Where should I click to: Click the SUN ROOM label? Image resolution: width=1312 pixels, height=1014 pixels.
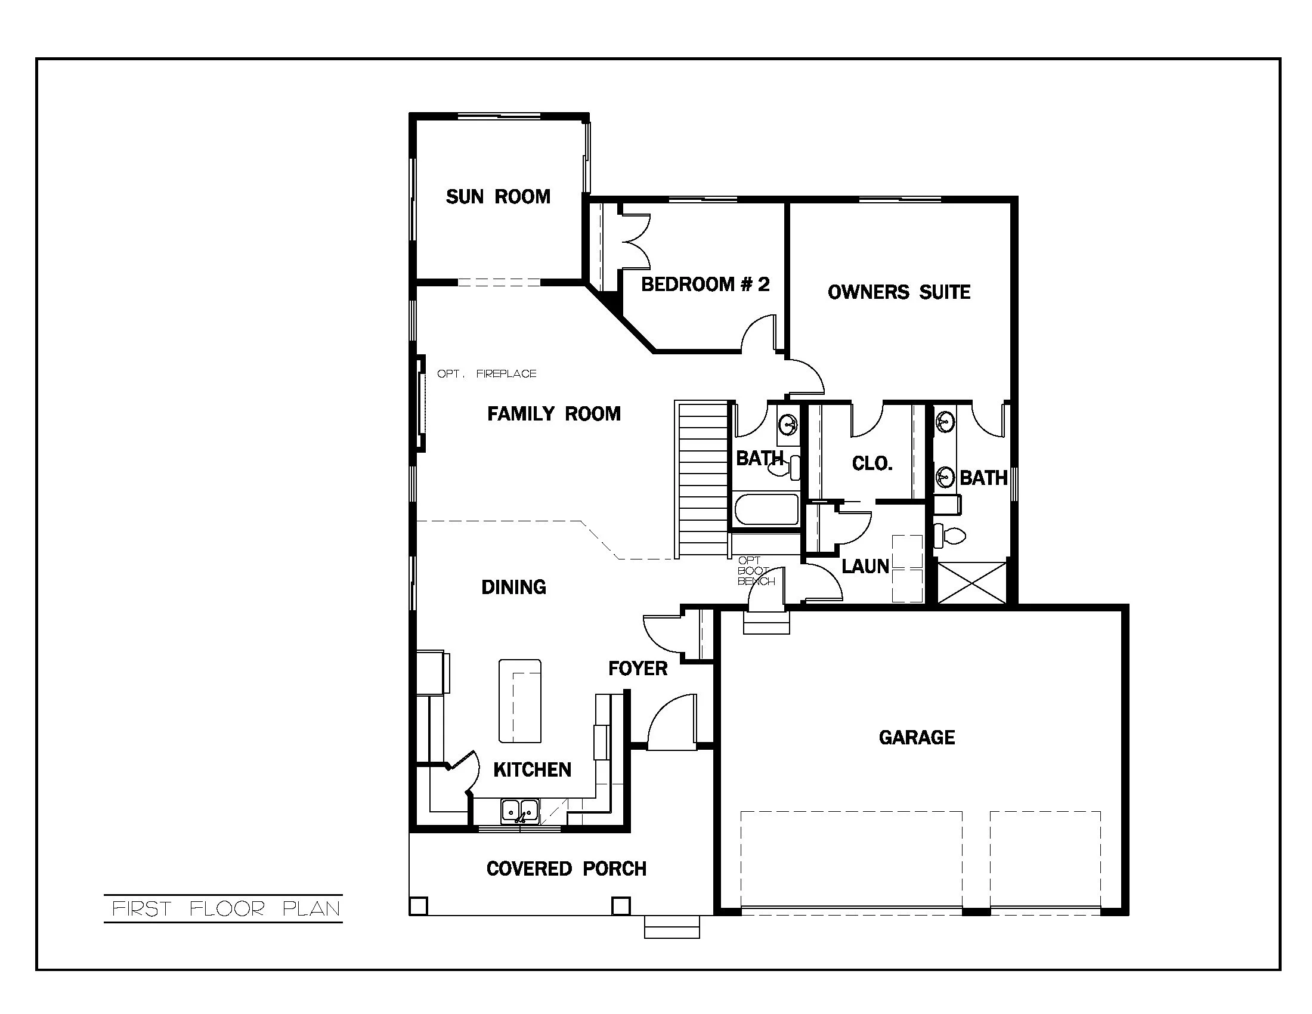(497, 196)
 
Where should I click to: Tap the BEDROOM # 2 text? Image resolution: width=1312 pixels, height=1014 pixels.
(705, 284)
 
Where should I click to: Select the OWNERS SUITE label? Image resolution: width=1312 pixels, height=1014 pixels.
(899, 292)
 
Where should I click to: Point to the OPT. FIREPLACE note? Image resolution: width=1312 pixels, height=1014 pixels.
(486, 373)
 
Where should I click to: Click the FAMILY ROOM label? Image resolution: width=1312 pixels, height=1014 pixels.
(553, 414)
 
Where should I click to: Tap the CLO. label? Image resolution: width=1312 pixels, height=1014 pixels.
(872, 463)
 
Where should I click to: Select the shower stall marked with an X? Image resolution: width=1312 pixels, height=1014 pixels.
(971, 582)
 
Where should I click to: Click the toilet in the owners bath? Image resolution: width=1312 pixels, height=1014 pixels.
(950, 534)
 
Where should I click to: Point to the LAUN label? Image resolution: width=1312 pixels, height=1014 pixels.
(865, 566)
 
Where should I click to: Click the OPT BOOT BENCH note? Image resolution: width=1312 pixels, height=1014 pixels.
(755, 571)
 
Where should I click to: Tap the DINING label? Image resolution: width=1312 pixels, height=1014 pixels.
(513, 587)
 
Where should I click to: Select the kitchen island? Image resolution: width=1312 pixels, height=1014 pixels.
(519, 701)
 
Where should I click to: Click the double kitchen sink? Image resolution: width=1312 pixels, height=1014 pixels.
(519, 811)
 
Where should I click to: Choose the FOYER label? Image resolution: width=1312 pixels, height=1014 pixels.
(638, 669)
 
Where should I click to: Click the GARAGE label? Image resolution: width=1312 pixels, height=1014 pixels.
(916, 738)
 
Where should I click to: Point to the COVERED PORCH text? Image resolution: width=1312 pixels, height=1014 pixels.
(566, 868)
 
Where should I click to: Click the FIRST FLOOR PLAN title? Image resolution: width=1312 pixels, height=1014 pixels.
(226, 909)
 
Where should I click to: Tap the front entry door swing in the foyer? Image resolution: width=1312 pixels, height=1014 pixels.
(672, 723)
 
